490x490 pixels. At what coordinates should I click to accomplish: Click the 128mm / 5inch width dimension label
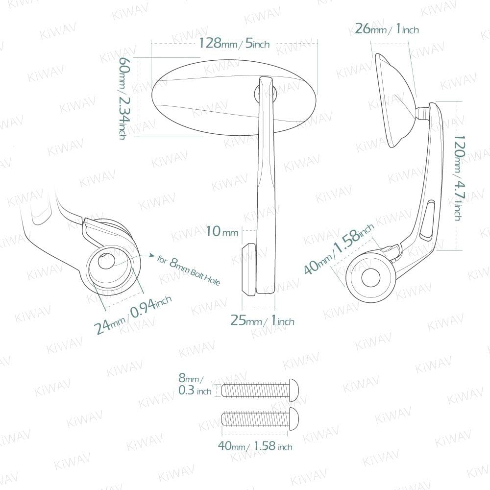234,43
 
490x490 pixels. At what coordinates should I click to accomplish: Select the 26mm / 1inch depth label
387,29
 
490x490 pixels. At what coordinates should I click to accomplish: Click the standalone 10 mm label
222,232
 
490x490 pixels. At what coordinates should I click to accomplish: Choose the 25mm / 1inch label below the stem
262,320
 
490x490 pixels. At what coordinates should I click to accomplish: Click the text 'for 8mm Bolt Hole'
189,270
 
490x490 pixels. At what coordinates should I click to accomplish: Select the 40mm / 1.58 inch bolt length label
255,446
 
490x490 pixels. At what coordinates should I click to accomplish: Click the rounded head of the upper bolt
294,390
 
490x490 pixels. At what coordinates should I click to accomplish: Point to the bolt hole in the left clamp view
106,261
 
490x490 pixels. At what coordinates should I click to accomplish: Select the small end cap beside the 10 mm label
249,269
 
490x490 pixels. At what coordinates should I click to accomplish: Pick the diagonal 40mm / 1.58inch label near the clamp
339,249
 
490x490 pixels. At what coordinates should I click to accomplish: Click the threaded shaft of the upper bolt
255,390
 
